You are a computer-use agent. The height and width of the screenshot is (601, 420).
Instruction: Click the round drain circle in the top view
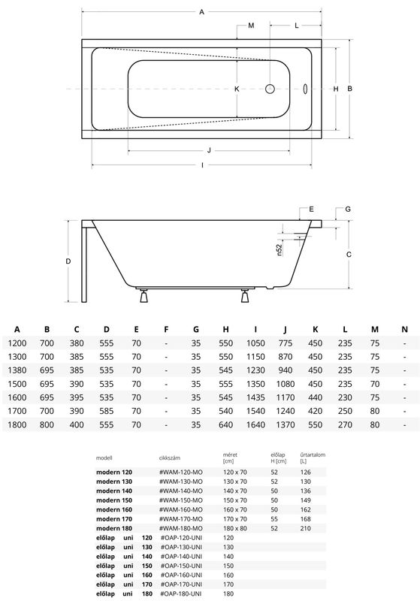tap(270, 89)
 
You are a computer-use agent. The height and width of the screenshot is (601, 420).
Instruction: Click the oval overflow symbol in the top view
tap(305, 89)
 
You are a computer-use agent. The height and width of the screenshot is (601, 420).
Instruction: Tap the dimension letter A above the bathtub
tap(202, 12)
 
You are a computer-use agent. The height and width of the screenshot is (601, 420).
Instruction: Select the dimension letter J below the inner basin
tap(209, 150)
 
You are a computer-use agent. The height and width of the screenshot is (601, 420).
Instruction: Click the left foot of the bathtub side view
tap(144, 296)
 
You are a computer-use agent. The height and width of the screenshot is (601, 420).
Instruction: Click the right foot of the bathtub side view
tap(246, 296)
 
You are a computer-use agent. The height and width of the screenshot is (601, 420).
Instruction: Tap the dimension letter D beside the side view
tap(68, 261)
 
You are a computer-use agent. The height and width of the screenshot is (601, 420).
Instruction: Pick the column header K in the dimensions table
tap(315, 329)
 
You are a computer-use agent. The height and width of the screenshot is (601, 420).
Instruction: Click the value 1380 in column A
tap(17, 370)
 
